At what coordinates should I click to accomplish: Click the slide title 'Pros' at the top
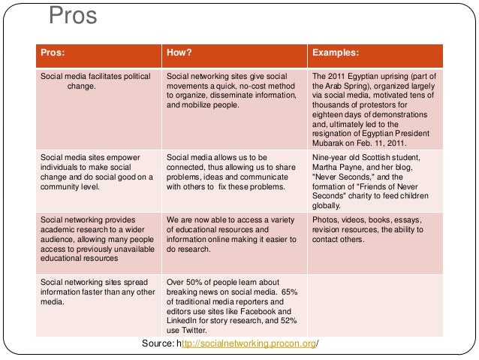click(x=73, y=16)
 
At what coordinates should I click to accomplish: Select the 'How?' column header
click(x=179, y=53)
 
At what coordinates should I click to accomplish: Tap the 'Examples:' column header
click(x=336, y=53)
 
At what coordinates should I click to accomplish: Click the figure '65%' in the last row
click(x=294, y=291)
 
